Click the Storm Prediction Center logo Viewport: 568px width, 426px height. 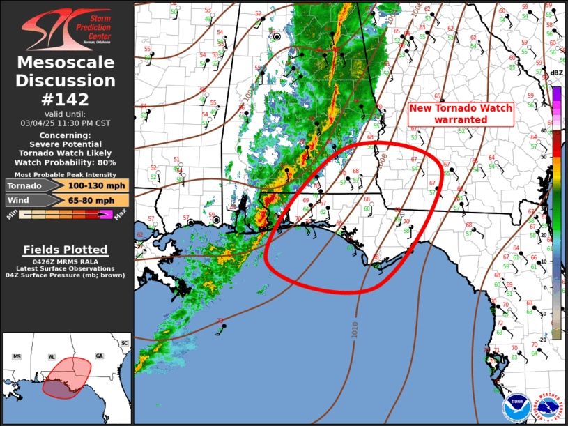pyautogui.click(x=66, y=27)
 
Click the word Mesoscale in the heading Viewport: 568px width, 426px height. pyautogui.click(x=66, y=63)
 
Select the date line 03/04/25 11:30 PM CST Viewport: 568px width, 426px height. pyautogui.click(x=66, y=123)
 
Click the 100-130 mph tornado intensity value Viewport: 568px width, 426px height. pyautogui.click(x=86, y=185)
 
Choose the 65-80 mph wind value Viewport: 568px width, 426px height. pyautogui.click(x=86, y=201)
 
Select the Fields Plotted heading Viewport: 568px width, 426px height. pyautogui.click(x=66, y=249)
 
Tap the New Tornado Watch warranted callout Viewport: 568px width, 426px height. pyautogui.click(x=460, y=114)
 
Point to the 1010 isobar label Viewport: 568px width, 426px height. pyautogui.click(x=355, y=332)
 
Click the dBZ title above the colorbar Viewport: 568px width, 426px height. pyautogui.click(x=556, y=73)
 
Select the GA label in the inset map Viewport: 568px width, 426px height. pyautogui.click(x=99, y=356)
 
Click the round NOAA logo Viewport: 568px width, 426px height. pyautogui.click(x=514, y=406)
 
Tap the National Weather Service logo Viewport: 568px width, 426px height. pyautogui.click(x=546, y=406)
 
